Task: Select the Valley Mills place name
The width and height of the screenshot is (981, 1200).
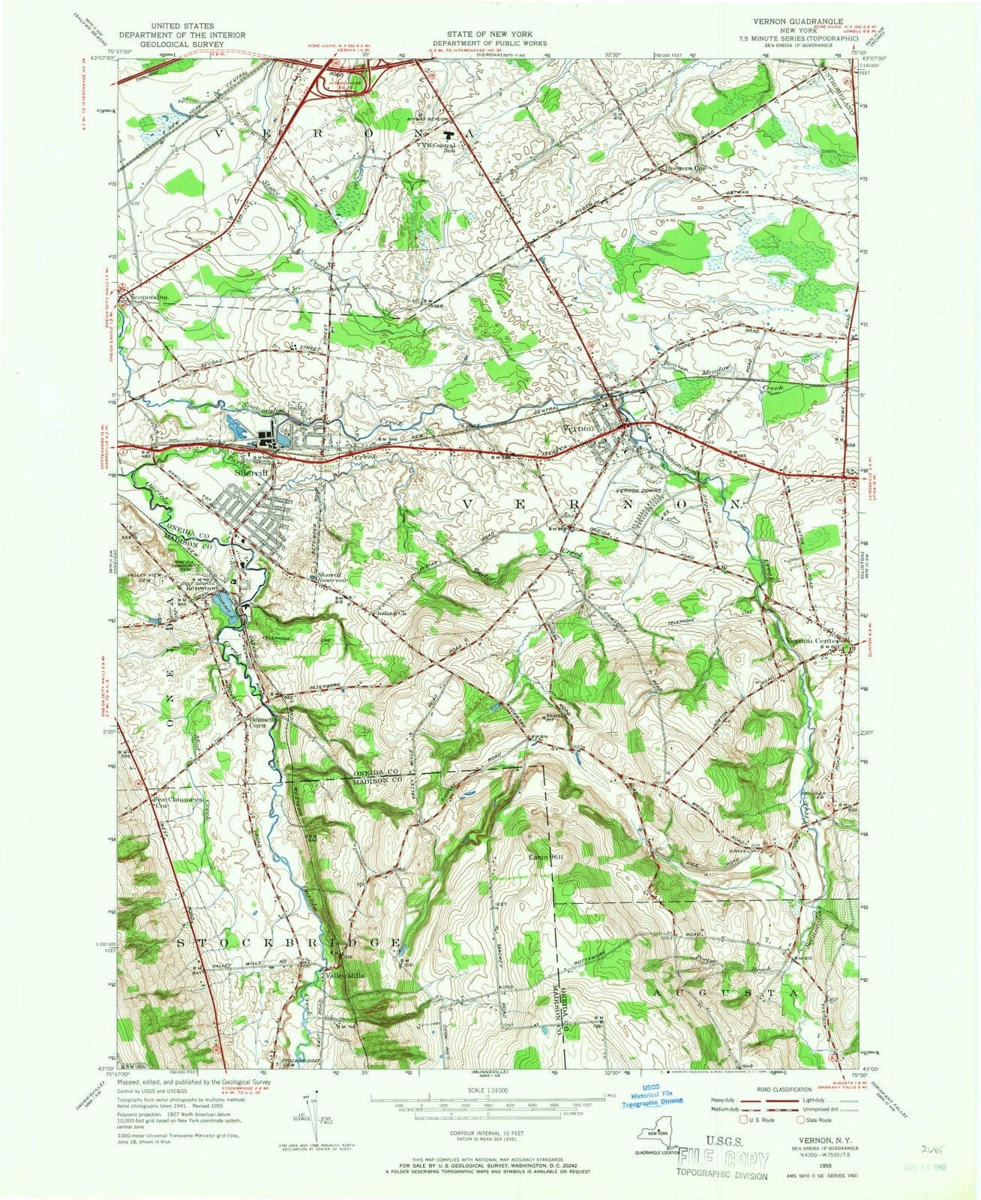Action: [344, 975]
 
